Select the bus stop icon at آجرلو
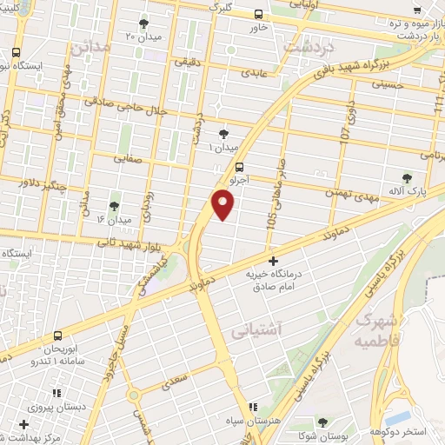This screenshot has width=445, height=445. [239, 168]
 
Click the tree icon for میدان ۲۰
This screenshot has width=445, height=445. [143, 23]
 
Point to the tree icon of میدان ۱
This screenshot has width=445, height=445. [225, 133]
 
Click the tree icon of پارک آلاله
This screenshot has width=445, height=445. [407, 177]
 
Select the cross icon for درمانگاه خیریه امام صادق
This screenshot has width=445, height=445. [273, 261]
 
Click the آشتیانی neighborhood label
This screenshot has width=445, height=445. [255, 331]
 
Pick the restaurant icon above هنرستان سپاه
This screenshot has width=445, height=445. [252, 406]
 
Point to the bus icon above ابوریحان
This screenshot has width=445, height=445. [57, 335]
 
